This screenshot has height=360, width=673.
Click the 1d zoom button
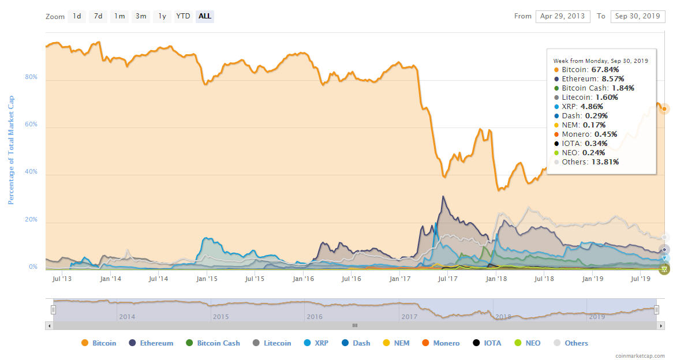[77, 16]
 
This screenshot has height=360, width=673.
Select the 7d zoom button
[98, 16]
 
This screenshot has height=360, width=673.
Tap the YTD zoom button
[183, 16]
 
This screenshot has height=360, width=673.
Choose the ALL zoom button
[204, 16]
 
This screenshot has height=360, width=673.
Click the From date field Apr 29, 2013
[562, 16]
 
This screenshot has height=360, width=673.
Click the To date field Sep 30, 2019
[637, 16]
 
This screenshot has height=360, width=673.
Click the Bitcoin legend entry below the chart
[99, 343]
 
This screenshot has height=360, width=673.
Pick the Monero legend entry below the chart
[441, 343]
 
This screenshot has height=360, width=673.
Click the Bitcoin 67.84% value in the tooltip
[604, 70]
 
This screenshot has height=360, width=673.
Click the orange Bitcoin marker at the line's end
[664, 109]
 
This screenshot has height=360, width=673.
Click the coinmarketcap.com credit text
[640, 356]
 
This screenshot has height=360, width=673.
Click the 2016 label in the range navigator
[315, 317]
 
